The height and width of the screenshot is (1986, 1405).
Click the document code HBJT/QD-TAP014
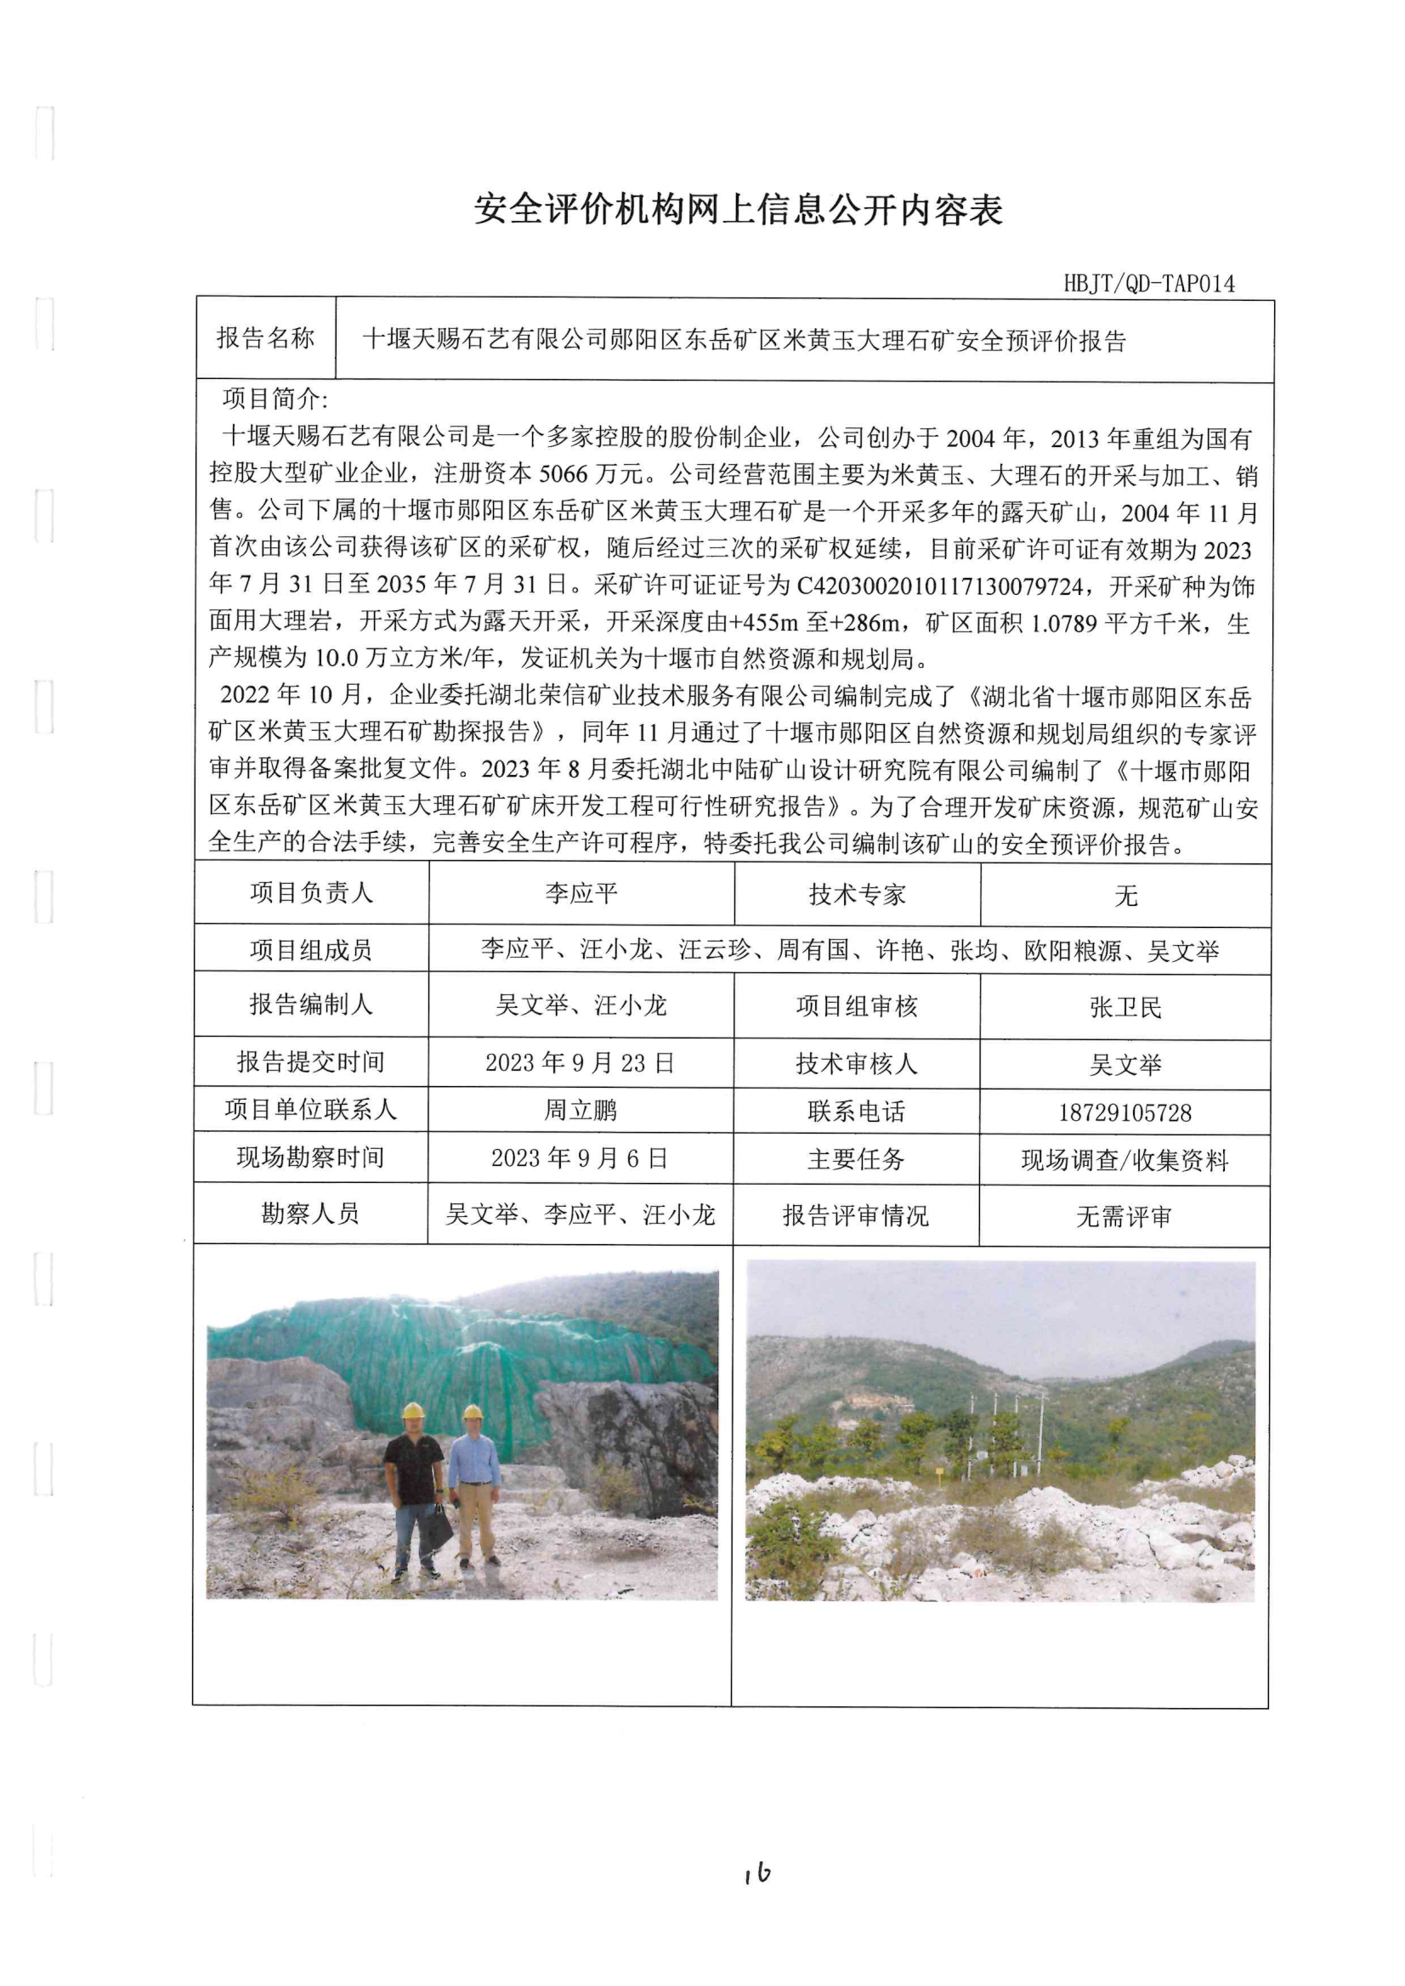(x=1148, y=283)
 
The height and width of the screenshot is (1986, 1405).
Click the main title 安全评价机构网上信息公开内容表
(x=738, y=209)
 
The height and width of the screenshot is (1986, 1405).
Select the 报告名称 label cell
(x=265, y=338)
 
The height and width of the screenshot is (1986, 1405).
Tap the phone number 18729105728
(x=1125, y=1112)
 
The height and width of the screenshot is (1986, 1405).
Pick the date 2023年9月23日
(x=580, y=1063)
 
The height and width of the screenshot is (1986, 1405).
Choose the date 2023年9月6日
(x=580, y=1158)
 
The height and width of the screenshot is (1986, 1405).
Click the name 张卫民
(x=1125, y=1007)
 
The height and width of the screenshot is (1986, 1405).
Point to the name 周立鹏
(x=580, y=1111)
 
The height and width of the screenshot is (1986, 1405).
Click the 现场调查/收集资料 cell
(x=1125, y=1160)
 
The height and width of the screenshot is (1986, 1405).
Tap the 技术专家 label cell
(x=857, y=895)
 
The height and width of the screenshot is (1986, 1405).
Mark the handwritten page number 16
(x=757, y=1873)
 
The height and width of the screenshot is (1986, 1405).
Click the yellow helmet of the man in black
(x=414, y=1411)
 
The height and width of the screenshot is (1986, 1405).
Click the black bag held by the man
(x=438, y=1530)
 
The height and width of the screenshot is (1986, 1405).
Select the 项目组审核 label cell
(x=857, y=1006)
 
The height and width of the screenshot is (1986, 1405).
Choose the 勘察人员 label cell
(x=310, y=1214)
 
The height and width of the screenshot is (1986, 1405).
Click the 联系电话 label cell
(x=857, y=1112)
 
